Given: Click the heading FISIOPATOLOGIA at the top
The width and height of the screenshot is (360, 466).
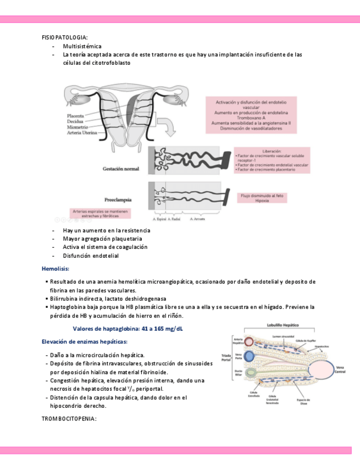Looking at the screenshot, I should (x=64, y=37).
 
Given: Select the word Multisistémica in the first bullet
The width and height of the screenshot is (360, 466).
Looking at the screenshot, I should (x=82, y=46).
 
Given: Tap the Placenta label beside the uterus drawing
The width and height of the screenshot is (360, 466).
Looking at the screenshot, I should (x=75, y=116).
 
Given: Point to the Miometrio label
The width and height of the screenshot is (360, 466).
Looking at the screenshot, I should (x=76, y=127).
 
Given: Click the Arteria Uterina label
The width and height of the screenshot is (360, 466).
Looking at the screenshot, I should (x=81, y=133).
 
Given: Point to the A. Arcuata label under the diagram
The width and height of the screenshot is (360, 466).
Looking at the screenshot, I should (x=197, y=219).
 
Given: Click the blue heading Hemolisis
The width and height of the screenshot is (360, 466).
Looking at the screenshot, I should (x=56, y=269).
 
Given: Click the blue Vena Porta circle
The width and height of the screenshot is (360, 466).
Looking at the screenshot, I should (x=249, y=357).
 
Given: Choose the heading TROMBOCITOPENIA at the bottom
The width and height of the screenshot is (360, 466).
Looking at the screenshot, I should (x=69, y=419).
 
